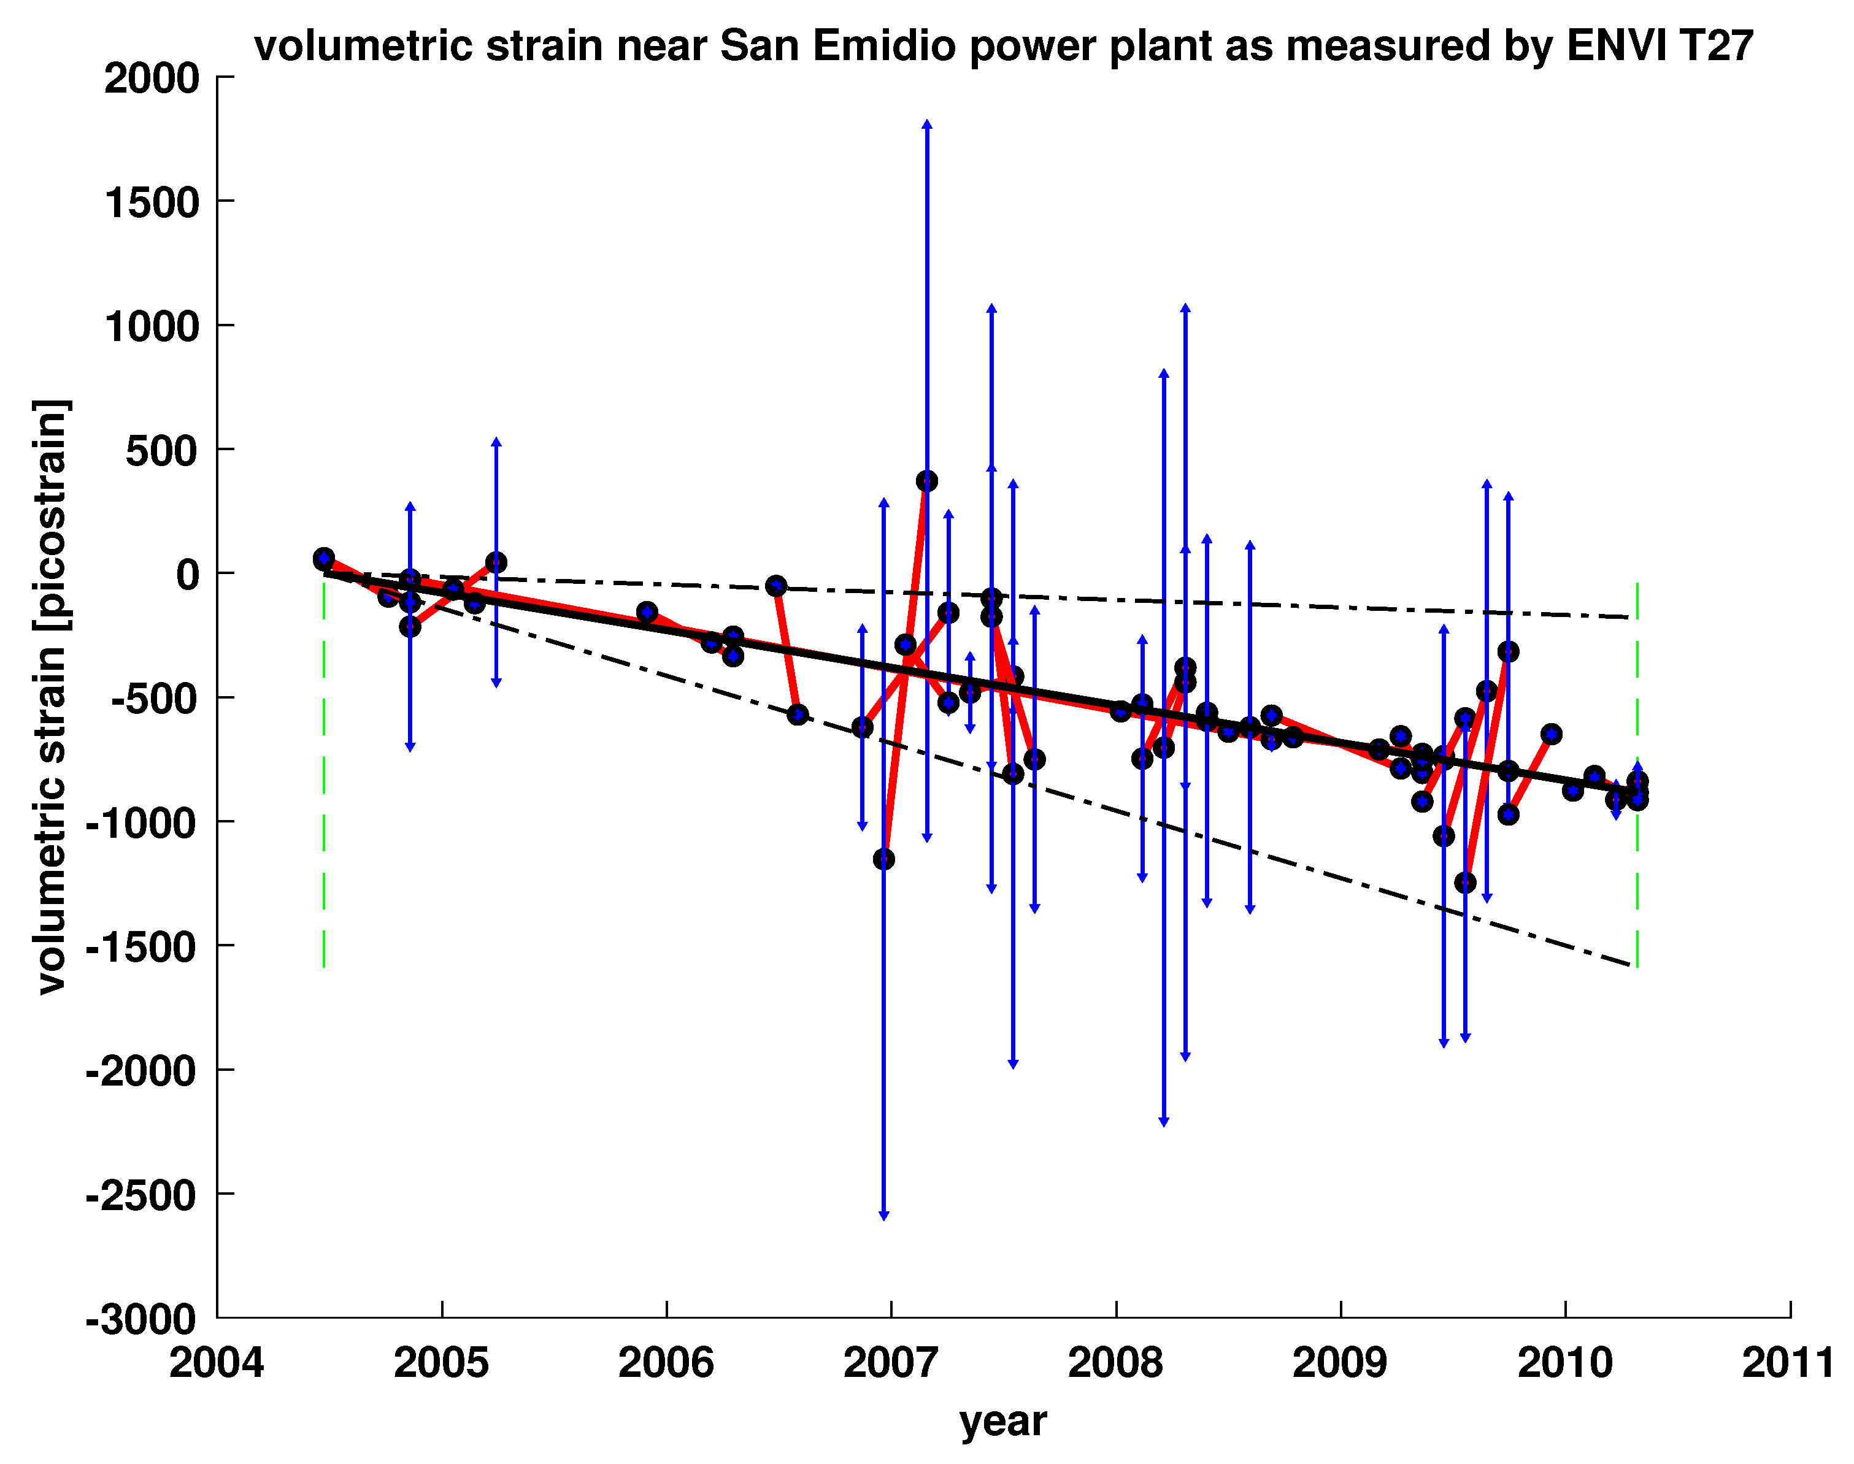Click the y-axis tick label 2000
[x=152, y=79]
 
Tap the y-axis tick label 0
[x=187, y=574]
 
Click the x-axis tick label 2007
[x=891, y=1363]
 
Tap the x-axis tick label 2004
[x=216, y=1363]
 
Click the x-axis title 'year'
[x=1003, y=1421]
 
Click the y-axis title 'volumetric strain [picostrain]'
[x=52, y=696]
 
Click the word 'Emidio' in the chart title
[x=883, y=45]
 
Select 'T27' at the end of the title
[x=1705, y=45]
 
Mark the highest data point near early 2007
[x=926, y=481]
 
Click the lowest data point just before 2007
[x=883, y=859]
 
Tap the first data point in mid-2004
[x=323, y=558]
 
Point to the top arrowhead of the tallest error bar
[x=926, y=125]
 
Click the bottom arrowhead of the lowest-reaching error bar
[x=883, y=1216]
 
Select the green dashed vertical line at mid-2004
[x=323, y=772]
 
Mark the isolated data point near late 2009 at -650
[x=1550, y=734]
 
